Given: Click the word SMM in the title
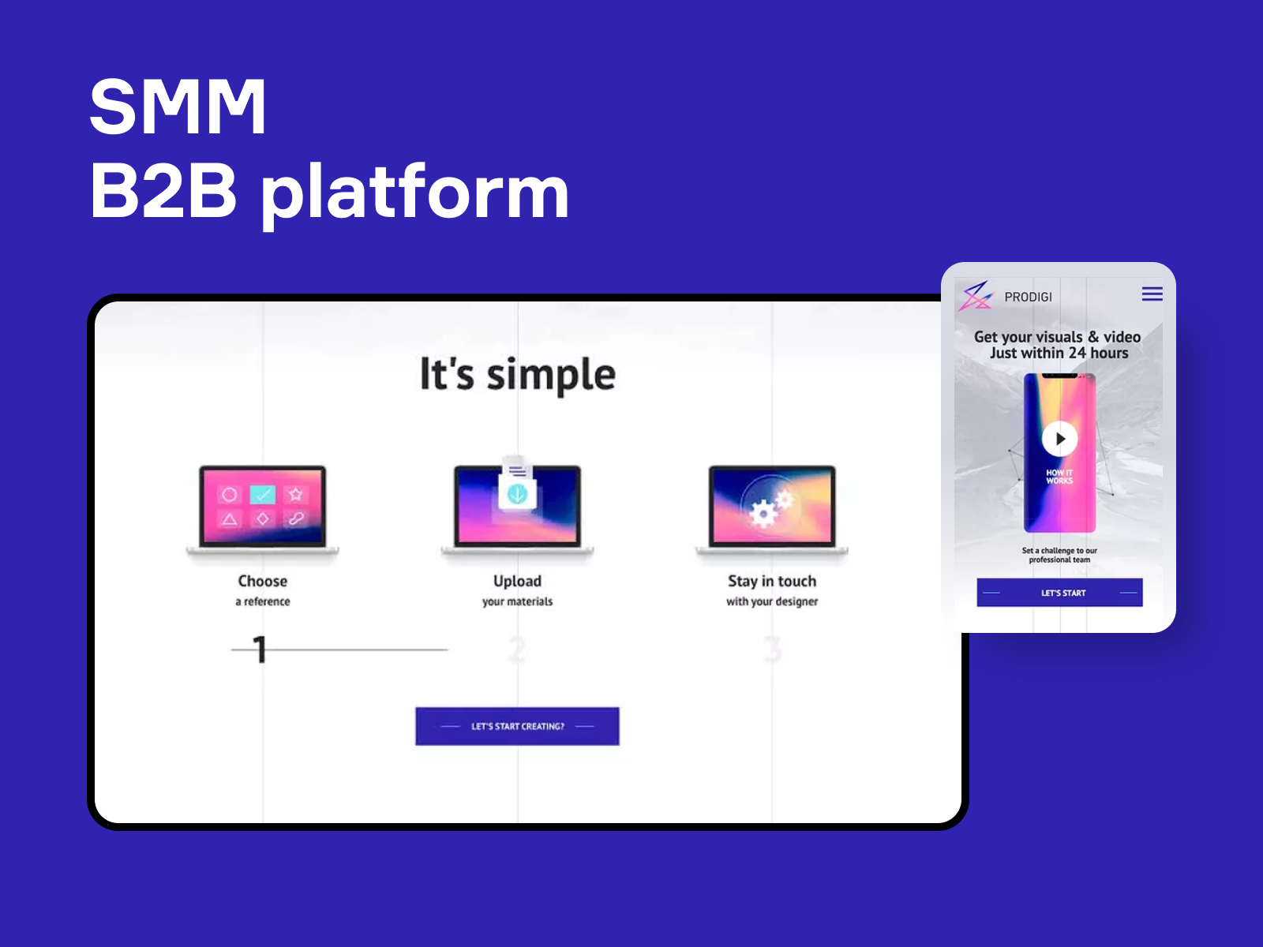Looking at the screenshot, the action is (x=178, y=107).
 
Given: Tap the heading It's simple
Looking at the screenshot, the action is (x=518, y=374).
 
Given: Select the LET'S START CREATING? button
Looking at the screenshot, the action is (x=517, y=726).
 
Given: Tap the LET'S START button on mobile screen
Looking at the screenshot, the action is (x=1060, y=592).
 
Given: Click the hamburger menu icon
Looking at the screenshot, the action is (x=1152, y=294).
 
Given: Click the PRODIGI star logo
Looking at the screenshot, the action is (x=976, y=296).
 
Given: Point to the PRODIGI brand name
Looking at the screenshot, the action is (x=1029, y=297).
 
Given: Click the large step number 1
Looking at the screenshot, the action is (x=260, y=649).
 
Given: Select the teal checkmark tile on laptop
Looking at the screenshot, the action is (x=262, y=494).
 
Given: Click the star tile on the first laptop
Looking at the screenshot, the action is (x=296, y=494).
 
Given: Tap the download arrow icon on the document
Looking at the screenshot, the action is (x=517, y=494).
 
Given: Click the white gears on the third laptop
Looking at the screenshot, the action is (x=770, y=508).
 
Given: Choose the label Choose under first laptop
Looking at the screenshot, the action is (x=262, y=581).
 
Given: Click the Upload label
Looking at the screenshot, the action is (x=517, y=582).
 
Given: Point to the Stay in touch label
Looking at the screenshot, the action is (x=772, y=582).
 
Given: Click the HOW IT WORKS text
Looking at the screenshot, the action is (x=1059, y=477).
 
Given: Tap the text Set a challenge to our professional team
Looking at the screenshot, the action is (x=1059, y=555).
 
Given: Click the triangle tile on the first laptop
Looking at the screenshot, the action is (x=230, y=519).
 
